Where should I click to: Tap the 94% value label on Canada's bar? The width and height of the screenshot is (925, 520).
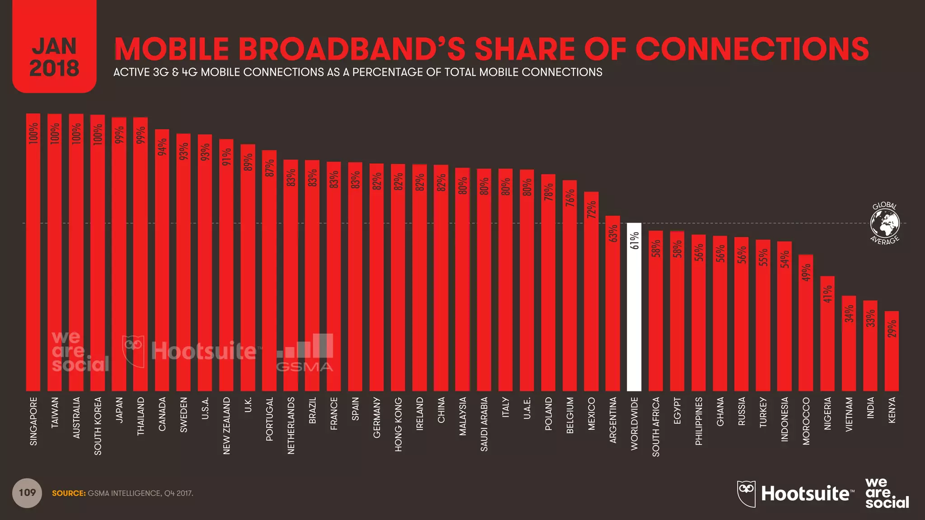tap(162, 147)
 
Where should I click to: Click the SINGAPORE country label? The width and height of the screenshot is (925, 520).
tap(33, 421)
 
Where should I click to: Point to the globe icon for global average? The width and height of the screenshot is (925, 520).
tap(885, 223)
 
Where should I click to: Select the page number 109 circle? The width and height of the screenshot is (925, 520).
tap(27, 493)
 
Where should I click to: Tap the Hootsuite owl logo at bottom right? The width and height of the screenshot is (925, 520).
tap(746, 493)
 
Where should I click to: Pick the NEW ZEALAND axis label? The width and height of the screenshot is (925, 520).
tap(227, 426)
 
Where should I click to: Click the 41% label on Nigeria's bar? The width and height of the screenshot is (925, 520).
tap(827, 294)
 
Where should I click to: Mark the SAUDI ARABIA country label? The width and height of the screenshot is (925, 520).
tap(484, 424)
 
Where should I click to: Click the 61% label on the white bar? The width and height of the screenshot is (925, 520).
tap(634, 241)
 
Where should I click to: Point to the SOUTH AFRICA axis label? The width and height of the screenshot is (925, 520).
tap(656, 427)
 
